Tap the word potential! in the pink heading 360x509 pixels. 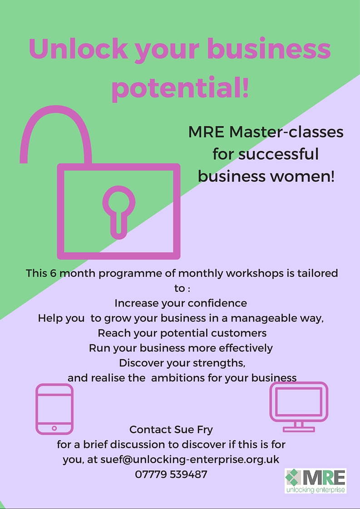(x=180, y=87)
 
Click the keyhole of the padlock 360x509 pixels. (x=118, y=212)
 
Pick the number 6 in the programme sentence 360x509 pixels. (x=53, y=273)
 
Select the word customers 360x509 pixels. (x=239, y=333)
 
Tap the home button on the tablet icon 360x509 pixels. (x=54, y=428)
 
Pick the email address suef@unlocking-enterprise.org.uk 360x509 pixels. (x=190, y=460)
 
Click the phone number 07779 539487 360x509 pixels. (x=171, y=474)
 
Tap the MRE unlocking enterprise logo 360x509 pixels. (x=316, y=481)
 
